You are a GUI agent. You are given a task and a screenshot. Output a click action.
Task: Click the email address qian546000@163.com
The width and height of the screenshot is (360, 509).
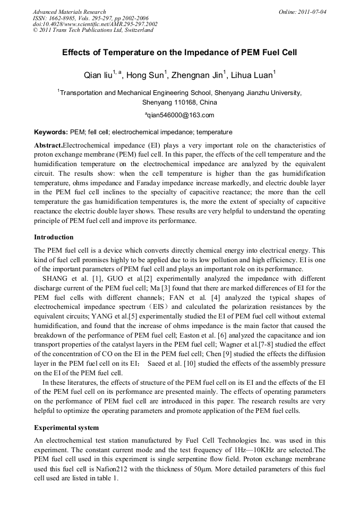tap(181, 115)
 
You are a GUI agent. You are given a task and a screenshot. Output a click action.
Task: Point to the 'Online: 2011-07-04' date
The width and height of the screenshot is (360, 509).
tap(303, 12)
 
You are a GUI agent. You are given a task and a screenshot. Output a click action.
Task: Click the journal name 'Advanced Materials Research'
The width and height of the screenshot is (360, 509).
tap(69, 12)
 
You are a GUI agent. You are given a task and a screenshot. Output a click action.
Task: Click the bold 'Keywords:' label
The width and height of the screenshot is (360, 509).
tap(51, 132)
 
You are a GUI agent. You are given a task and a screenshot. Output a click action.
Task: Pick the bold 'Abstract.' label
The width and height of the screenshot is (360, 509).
tap(48, 145)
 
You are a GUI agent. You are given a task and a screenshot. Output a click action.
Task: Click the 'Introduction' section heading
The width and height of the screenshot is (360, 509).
tap(54, 237)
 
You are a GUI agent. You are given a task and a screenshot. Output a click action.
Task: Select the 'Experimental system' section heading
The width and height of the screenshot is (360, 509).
tap(66, 427)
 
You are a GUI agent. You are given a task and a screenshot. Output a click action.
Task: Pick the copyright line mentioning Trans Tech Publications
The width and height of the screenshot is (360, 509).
tap(93, 30)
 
